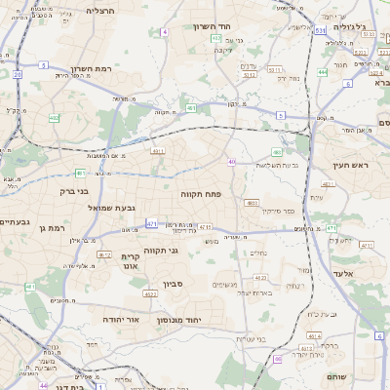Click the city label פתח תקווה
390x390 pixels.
[202, 195]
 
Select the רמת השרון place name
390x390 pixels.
[94, 70]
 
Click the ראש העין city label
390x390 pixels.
[352, 166]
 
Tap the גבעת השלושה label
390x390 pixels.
[276, 165]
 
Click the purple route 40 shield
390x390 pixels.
[232, 162]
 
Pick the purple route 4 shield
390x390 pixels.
[165, 32]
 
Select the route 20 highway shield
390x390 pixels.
[18, 73]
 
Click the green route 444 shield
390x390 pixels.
[323, 72]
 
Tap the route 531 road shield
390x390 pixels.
[321, 31]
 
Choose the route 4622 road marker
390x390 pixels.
[150, 293]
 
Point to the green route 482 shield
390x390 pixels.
[277, 151]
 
